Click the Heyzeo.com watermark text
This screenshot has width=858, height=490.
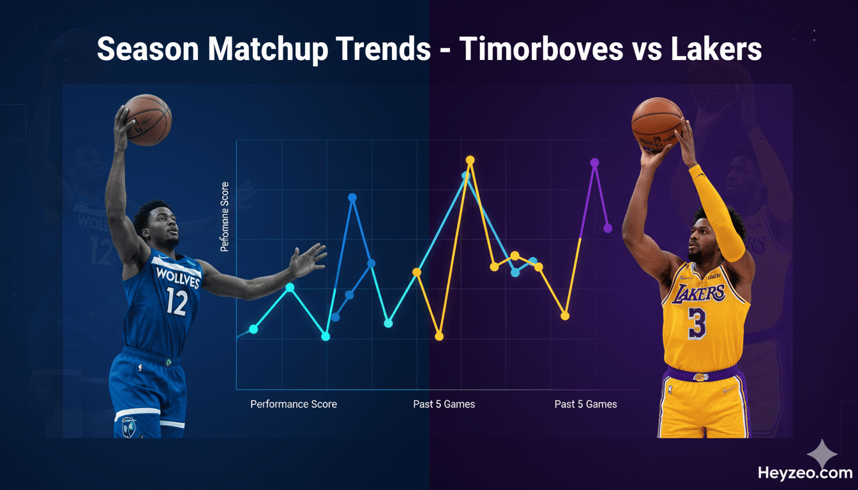tap(805, 473)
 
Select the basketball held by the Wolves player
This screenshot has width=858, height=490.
tap(147, 119)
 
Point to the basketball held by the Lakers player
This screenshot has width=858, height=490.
tap(657, 124)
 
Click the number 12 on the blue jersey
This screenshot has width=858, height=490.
tap(176, 301)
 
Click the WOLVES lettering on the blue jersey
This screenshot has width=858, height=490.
tap(178, 278)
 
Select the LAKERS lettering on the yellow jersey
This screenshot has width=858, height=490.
tap(698, 293)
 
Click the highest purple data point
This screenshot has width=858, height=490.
tap(594, 163)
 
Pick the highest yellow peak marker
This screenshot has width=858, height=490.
tap(470, 160)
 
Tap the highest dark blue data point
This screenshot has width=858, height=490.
tap(352, 197)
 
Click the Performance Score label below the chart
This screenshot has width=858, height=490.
tap(294, 404)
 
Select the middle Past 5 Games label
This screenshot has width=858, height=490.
tap(444, 404)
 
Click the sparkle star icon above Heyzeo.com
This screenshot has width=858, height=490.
tap(822, 454)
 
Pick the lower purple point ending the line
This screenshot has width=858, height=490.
tap(608, 228)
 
